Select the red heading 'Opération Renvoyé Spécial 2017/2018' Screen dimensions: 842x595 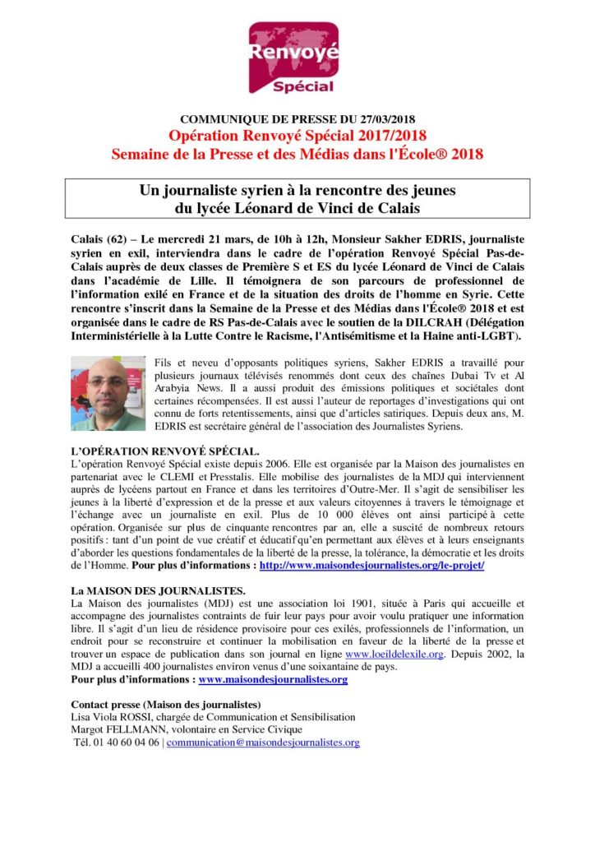click(297, 136)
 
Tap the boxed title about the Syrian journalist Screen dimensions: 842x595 click(297, 200)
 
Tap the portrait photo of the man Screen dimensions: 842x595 click(108, 393)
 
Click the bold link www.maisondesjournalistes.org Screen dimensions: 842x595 click(273, 680)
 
